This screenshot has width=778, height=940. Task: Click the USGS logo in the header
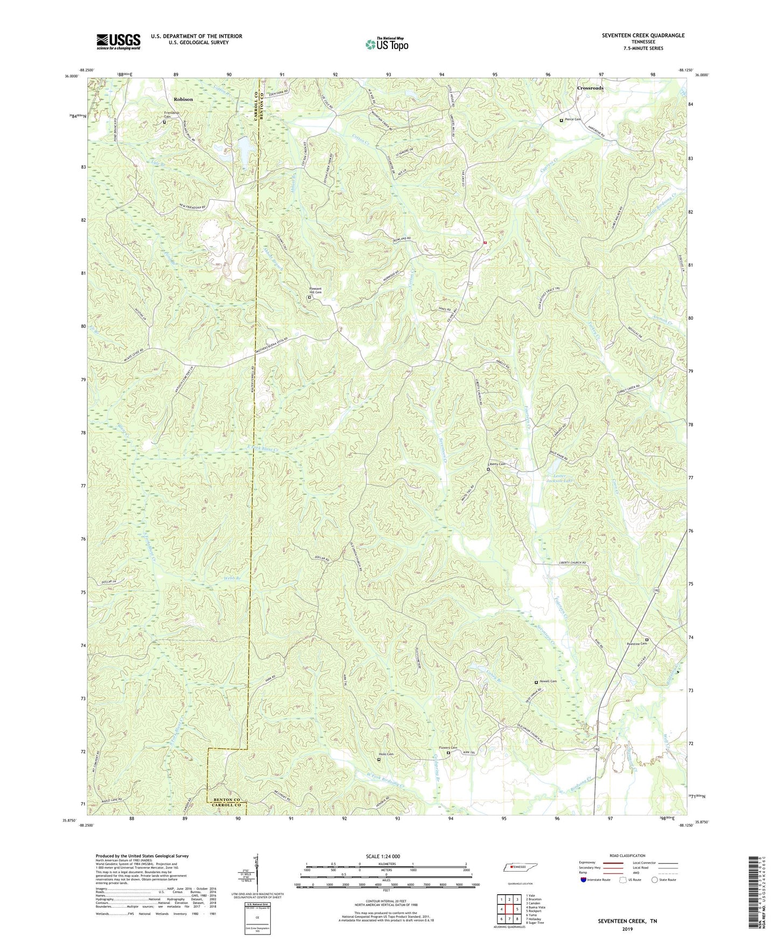coord(118,41)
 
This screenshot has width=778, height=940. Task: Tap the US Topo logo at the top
coord(387,44)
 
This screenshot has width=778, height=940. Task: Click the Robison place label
coord(183,100)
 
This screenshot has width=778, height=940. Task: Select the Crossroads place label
coord(590,88)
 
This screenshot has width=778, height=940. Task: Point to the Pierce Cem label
coord(573,120)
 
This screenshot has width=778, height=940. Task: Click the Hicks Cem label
coord(386,754)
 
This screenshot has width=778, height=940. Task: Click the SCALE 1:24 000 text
coord(383,856)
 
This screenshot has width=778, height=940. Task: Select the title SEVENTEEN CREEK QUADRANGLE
coord(643,36)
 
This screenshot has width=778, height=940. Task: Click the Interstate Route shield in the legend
coord(584,880)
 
